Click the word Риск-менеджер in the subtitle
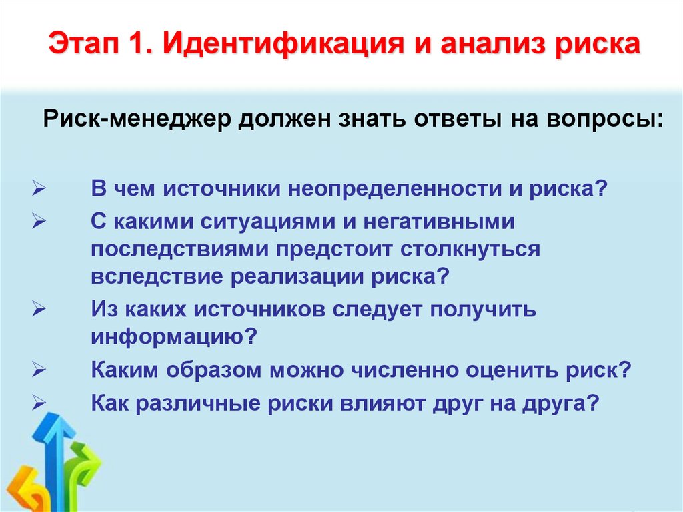point(139,121)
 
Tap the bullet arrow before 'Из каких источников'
point(38,311)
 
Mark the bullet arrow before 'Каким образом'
point(38,370)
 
